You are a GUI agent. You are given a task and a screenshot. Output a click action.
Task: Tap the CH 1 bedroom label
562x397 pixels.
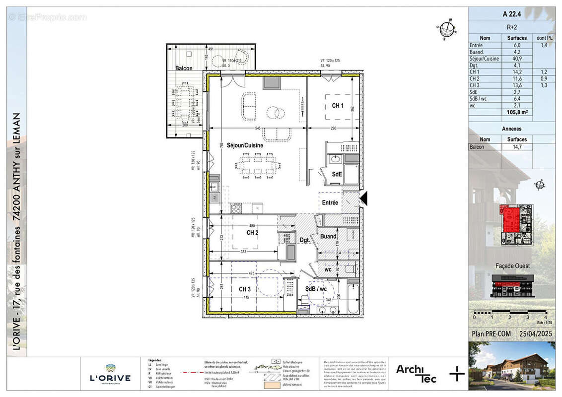click(338, 106)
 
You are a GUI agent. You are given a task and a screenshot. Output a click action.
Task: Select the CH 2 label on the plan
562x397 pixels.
click(252, 232)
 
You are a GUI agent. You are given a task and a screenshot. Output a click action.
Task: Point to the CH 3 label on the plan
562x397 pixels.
click(244, 289)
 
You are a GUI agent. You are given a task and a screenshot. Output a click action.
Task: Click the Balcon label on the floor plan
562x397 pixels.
click(183, 68)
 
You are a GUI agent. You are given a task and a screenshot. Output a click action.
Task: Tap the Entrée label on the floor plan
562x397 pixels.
click(330, 202)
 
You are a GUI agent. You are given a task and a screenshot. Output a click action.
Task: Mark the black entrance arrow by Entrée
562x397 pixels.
click(363, 198)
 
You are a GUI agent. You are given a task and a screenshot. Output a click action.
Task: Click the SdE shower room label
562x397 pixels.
click(337, 174)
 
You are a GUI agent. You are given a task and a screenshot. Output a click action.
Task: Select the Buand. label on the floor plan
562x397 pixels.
click(328, 236)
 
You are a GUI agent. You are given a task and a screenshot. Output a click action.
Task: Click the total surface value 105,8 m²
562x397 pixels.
click(516, 113)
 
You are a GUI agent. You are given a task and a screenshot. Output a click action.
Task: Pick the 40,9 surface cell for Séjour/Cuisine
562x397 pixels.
click(516, 59)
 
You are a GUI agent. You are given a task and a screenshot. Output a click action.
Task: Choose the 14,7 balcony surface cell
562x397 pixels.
click(516, 147)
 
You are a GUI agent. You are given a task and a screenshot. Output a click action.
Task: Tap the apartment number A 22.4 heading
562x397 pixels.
click(512, 14)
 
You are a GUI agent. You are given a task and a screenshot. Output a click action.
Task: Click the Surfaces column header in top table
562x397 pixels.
click(516, 38)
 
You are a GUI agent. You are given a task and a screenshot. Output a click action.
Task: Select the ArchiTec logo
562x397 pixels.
click(416, 373)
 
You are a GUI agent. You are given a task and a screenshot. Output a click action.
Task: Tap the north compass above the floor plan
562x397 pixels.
click(449, 28)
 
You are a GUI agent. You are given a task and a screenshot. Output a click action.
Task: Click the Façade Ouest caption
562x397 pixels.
click(512, 265)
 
